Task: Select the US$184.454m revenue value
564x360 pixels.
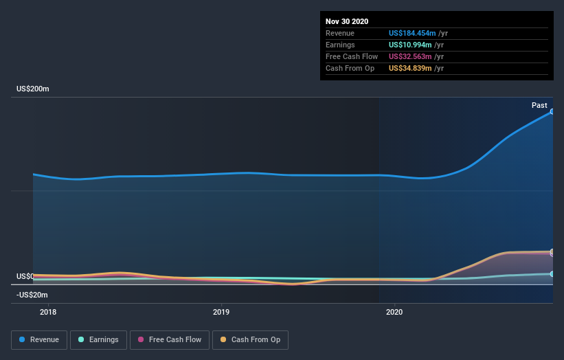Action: tap(410, 33)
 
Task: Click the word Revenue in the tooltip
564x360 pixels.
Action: tap(340, 33)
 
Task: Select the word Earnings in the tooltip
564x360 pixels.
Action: tap(340, 45)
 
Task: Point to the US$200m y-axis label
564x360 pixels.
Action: tap(32, 89)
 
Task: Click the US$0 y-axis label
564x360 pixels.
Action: tap(25, 276)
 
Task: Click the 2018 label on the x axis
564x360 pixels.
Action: tap(48, 313)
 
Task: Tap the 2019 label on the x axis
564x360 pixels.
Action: tap(221, 313)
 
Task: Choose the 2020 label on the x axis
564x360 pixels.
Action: tap(395, 313)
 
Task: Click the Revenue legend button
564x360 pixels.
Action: tap(40, 339)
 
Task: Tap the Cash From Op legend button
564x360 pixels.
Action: tap(250, 339)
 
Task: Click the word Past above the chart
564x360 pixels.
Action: tap(539, 105)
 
